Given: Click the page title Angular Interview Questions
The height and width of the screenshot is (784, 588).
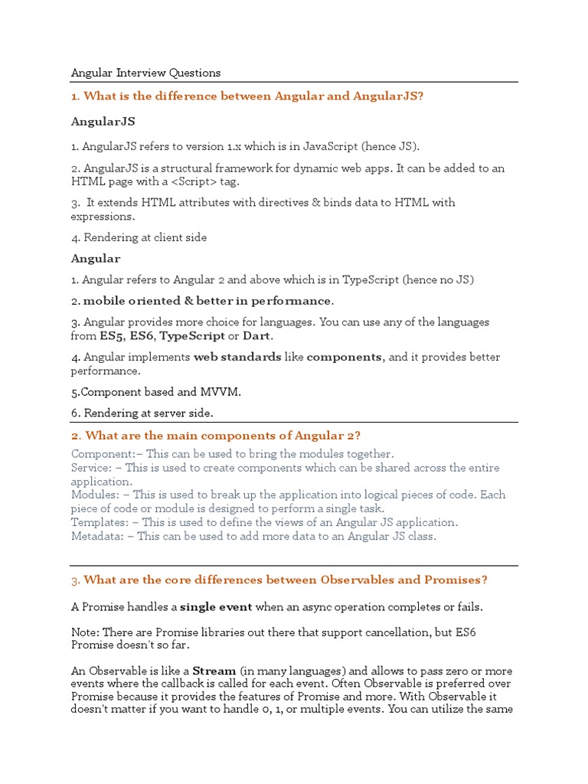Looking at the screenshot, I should (x=145, y=73).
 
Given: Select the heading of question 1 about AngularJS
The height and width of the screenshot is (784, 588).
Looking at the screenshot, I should (x=247, y=96).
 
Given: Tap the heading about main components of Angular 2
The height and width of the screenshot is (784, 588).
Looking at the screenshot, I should (x=216, y=436).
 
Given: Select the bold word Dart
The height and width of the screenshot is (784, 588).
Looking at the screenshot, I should (x=257, y=335).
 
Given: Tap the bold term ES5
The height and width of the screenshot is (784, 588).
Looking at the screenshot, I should (x=111, y=335).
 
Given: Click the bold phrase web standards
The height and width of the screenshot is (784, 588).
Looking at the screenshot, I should (x=237, y=357).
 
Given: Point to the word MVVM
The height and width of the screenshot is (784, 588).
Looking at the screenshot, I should (x=220, y=392).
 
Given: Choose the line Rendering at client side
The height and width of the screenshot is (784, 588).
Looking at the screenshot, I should (x=139, y=237).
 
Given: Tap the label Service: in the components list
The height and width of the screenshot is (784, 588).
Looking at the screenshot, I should (x=92, y=467).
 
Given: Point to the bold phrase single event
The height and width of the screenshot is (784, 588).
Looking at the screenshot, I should (x=216, y=607).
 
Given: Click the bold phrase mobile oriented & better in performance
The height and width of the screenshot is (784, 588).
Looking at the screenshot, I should (x=207, y=301).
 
